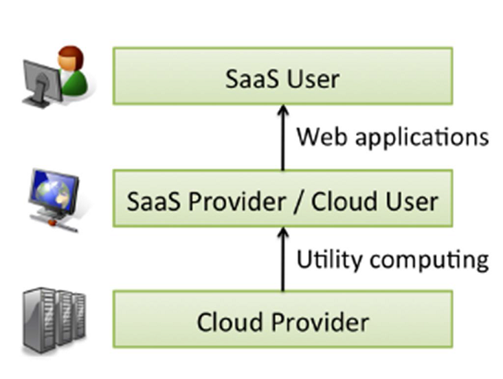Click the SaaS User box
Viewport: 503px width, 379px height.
(282, 76)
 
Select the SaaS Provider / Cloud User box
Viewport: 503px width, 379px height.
(282, 199)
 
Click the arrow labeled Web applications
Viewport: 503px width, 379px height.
(282, 138)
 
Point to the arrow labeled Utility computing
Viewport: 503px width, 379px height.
(282, 259)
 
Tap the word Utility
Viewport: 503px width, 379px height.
(325, 259)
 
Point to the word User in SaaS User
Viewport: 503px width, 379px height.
(311, 79)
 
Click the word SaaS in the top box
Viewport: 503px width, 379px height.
(251, 79)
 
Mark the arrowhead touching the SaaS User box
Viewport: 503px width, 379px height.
(282, 109)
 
